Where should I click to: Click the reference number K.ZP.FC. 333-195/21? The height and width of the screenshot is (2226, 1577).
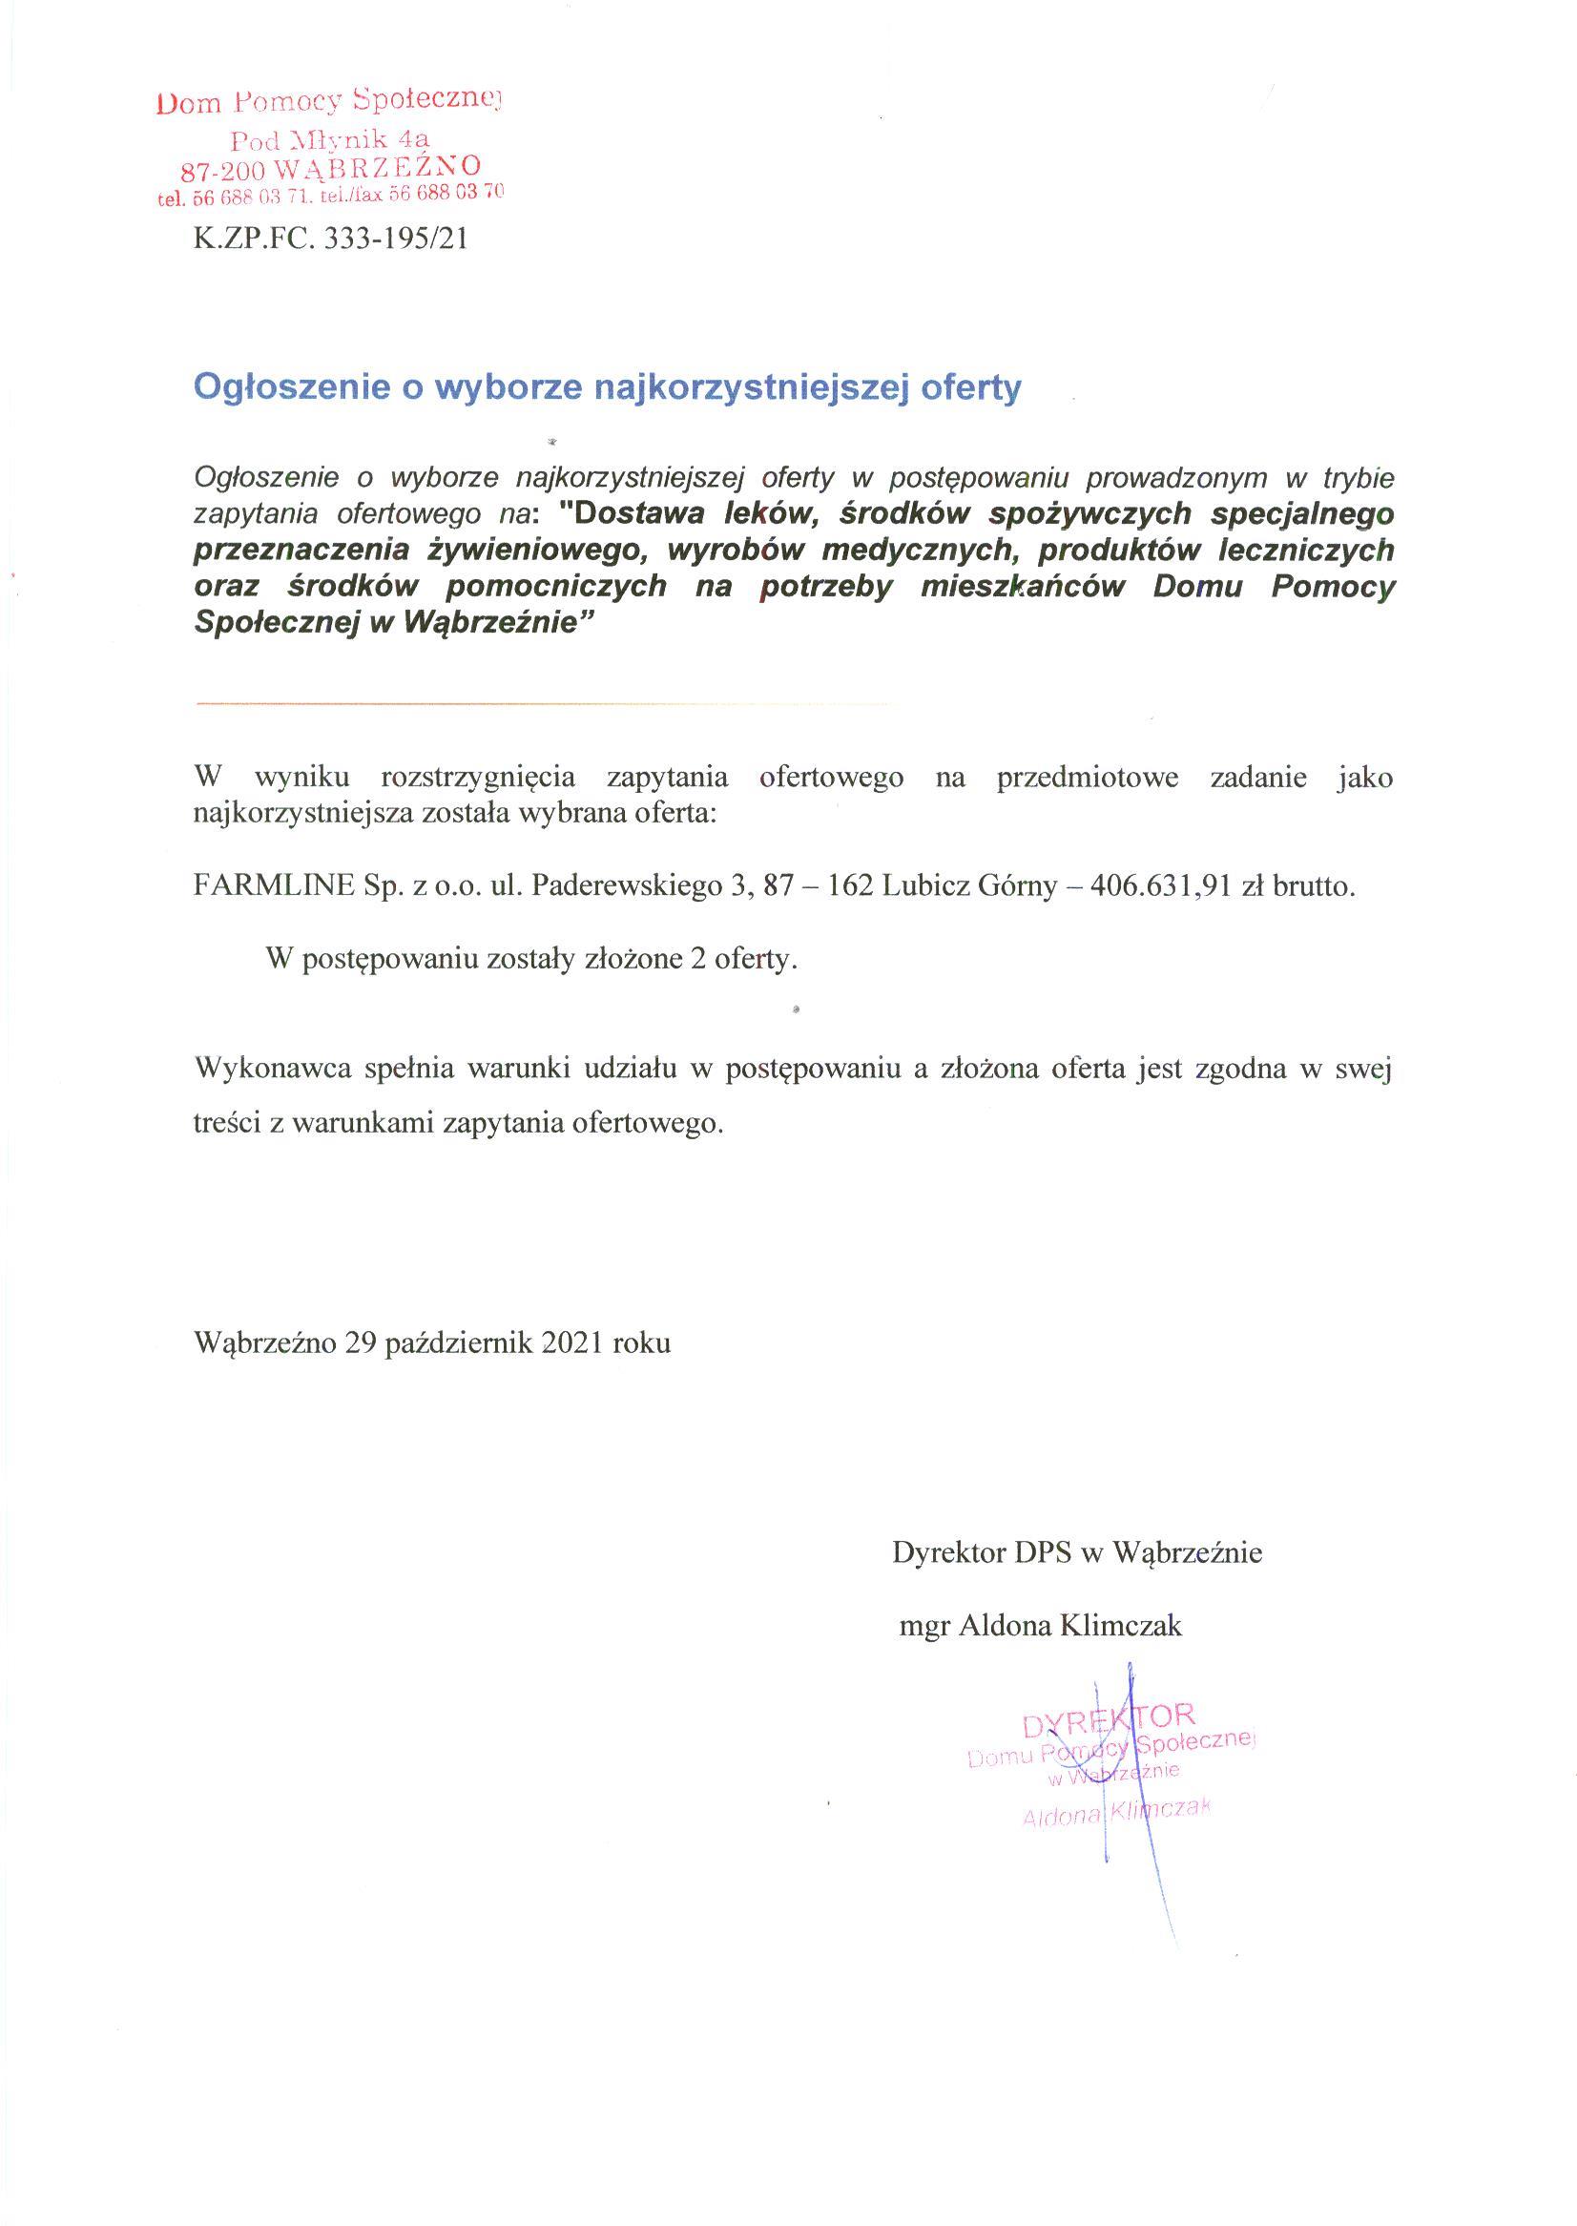click(x=330, y=239)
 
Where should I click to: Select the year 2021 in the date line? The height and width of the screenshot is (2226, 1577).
click(x=574, y=1343)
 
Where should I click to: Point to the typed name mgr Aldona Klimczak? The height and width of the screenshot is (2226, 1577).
click(x=1041, y=1626)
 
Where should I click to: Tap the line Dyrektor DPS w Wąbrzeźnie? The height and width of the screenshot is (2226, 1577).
click(x=1078, y=1553)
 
